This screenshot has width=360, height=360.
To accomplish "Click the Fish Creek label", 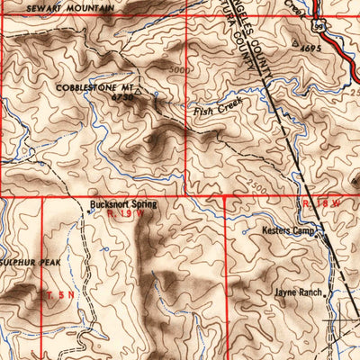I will [213, 111].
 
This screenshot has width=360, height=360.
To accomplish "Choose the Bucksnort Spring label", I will [123, 204].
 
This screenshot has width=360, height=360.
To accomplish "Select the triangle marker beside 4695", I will [296, 41].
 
